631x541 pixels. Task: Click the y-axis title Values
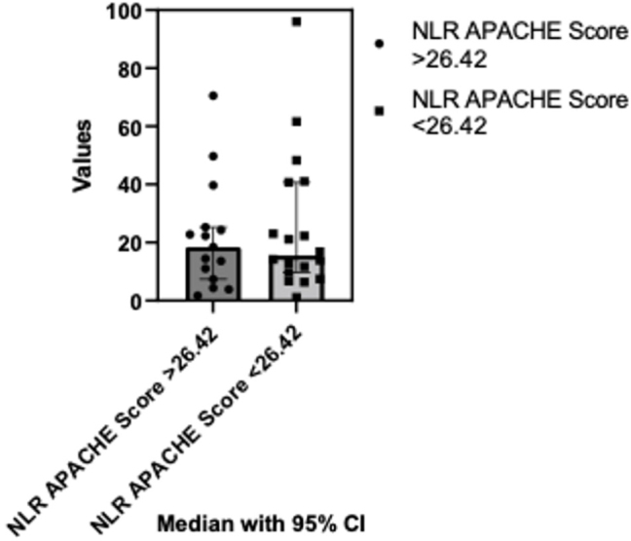click(86, 156)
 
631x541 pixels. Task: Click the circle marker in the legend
click(380, 44)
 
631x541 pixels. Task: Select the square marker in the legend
click(380, 111)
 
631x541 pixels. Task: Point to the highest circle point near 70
click(213, 95)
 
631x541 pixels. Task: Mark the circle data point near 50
click(213, 157)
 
